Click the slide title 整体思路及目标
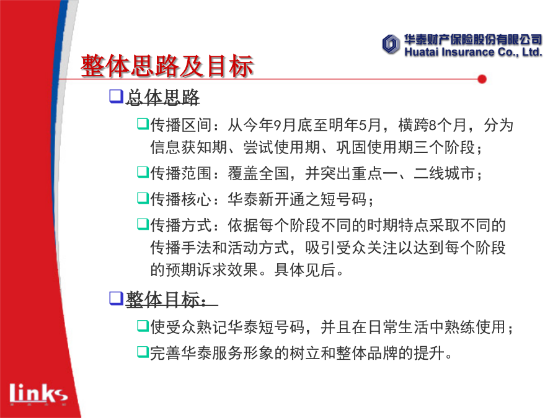167,66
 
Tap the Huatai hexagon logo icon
391,45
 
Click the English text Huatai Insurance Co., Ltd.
473,52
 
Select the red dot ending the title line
482,79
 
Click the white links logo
38,393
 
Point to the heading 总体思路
162,97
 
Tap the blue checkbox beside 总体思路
116,97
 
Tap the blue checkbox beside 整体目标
116,298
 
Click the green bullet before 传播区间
143,124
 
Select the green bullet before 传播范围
143,172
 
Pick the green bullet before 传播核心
143,198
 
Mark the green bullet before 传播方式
143,224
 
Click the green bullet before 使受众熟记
143,326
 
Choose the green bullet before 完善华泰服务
143,352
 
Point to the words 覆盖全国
259,173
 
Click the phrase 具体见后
304,270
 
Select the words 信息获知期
188,147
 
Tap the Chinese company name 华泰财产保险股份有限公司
473,40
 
